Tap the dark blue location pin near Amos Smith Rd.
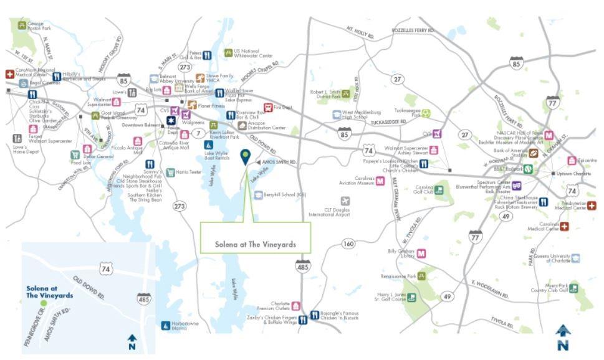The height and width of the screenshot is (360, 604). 247,158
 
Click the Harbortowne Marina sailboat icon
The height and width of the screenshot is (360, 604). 165,325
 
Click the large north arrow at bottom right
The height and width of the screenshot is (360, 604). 563,336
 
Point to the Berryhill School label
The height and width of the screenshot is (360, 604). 284,194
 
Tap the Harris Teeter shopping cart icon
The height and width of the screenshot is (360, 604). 170,172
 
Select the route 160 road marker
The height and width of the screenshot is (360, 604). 348,244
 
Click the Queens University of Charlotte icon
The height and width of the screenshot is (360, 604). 575,258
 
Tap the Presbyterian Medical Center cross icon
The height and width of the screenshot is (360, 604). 592,206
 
